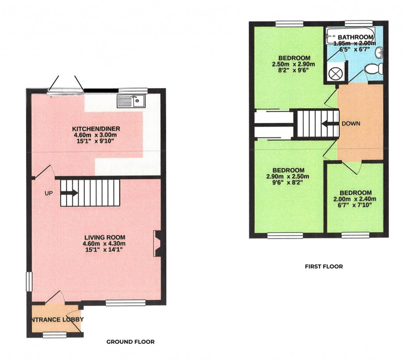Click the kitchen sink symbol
[x=131, y=101]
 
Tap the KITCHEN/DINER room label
[x=96, y=129]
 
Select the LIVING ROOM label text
[x=105, y=237]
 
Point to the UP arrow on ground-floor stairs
[x=69, y=193]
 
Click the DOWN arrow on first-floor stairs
[x=327, y=124]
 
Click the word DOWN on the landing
[x=351, y=123]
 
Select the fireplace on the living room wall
[x=157, y=243]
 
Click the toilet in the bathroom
[x=373, y=69]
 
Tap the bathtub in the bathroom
[x=350, y=38]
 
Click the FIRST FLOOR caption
[x=324, y=267]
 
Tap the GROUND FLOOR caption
[x=130, y=342]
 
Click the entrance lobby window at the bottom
[x=54, y=335]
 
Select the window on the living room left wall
[x=28, y=282]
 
